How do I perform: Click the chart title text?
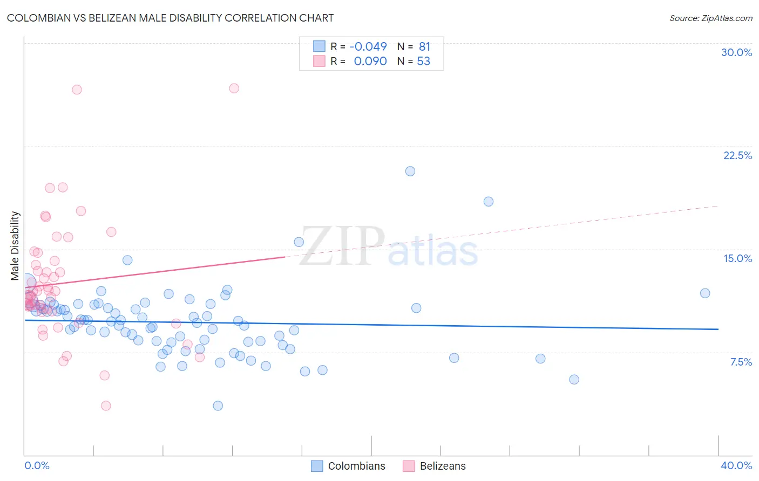tap(170, 18)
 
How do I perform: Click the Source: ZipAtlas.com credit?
tap(710, 18)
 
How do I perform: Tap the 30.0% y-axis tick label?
tap(736, 52)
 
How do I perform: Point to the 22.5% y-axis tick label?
tap(737, 155)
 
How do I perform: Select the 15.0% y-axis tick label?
tap(737, 258)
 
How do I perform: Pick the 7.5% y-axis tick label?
tap(741, 362)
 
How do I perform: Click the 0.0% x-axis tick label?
tap(37, 465)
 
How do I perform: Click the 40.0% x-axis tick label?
tap(736, 465)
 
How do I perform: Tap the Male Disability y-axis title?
tap(15, 245)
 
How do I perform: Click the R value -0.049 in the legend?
tap(368, 47)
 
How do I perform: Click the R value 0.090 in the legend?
tap(370, 61)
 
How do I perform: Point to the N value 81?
tap(424, 47)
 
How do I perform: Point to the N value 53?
tap(423, 61)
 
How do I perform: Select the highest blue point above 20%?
tap(410, 171)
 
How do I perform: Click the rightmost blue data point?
tap(705, 293)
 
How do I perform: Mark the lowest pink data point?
tap(106, 406)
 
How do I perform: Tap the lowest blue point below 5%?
tap(218, 406)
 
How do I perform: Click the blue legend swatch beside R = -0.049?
tap(319, 47)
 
